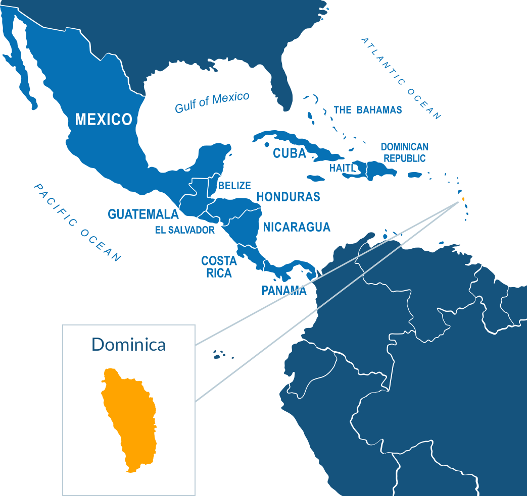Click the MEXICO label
[104, 120]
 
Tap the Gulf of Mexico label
[212, 102]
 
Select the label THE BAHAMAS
[368, 110]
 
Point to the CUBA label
[290, 153]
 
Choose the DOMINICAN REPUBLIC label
[404, 152]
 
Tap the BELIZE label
[234, 186]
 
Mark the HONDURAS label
[288, 197]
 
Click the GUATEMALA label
[143, 214]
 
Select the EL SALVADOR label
[184, 231]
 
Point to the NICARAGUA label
[297, 227]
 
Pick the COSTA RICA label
[219, 267]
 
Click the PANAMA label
[284, 291]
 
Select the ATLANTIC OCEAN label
[402, 78]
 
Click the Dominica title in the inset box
[129, 344]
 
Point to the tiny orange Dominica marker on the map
[463, 199]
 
